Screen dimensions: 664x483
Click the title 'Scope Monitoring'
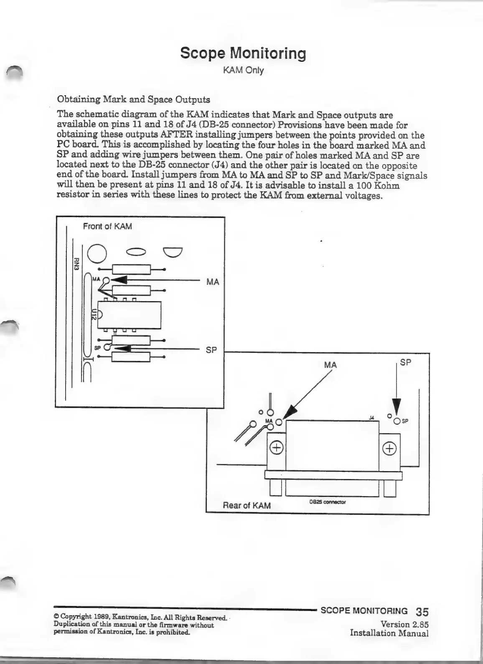pyautogui.click(x=243, y=53)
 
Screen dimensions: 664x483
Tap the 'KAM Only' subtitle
pyautogui.click(x=243, y=70)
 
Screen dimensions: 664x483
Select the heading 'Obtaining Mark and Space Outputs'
pyautogui.click(x=133, y=100)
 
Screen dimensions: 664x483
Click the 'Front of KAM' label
pyautogui.click(x=107, y=227)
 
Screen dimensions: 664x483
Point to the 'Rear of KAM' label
pyautogui.click(x=247, y=506)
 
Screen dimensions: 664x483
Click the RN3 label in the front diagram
pyautogui.click(x=76, y=264)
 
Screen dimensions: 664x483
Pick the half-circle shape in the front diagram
pyautogui.click(x=173, y=252)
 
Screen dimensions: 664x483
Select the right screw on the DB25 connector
pyautogui.click(x=389, y=449)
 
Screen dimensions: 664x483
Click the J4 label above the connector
pyautogui.click(x=371, y=417)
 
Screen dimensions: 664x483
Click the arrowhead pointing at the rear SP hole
pyautogui.click(x=397, y=407)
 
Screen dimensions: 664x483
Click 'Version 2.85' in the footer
pyautogui.click(x=404, y=624)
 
